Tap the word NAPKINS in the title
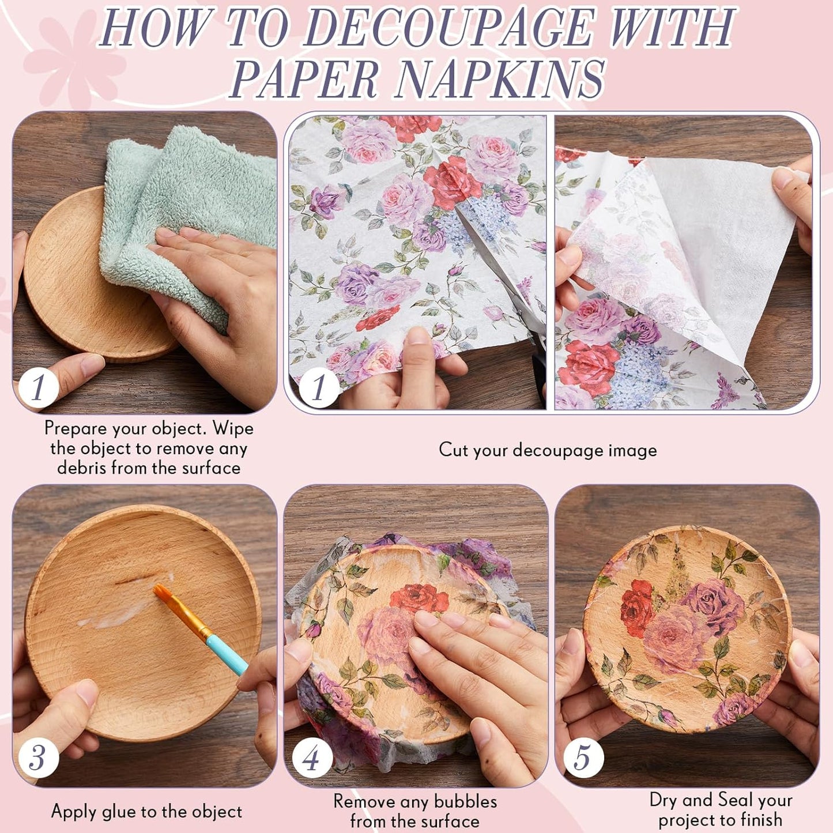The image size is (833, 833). (500, 80)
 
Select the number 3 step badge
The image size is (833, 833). (37, 757)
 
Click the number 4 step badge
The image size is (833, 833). (312, 757)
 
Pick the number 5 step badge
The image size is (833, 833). (583, 757)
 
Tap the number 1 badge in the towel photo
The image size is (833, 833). (37, 387)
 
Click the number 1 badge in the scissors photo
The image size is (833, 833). (319, 387)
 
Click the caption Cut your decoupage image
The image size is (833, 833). (548, 450)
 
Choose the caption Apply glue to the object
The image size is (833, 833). (146, 812)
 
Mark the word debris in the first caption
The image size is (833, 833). (81, 468)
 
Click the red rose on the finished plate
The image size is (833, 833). (636, 608)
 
